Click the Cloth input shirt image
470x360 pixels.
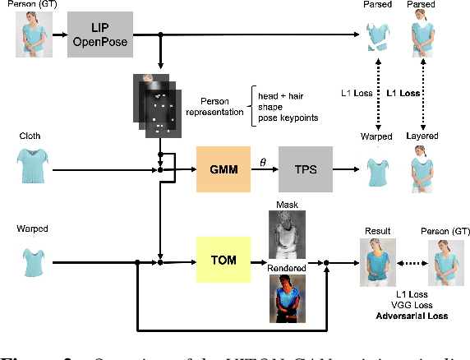[x=30, y=167]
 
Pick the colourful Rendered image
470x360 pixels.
[x=288, y=299]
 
